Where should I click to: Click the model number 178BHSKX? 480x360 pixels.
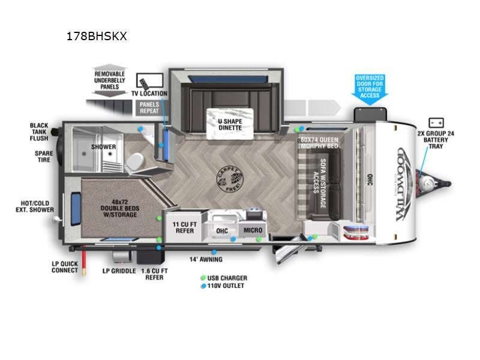(97, 36)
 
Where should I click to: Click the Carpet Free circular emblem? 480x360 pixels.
(230, 178)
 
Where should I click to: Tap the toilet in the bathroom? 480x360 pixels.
(136, 161)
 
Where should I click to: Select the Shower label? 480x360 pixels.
(103, 147)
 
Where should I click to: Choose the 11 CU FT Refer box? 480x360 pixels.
(184, 227)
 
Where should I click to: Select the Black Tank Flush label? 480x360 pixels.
(39, 132)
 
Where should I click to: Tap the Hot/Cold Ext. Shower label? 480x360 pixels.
(35, 206)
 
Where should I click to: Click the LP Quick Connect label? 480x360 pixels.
(64, 266)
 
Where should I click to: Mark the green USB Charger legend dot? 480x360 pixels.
(203, 278)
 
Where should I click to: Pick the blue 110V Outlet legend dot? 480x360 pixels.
(203, 286)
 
